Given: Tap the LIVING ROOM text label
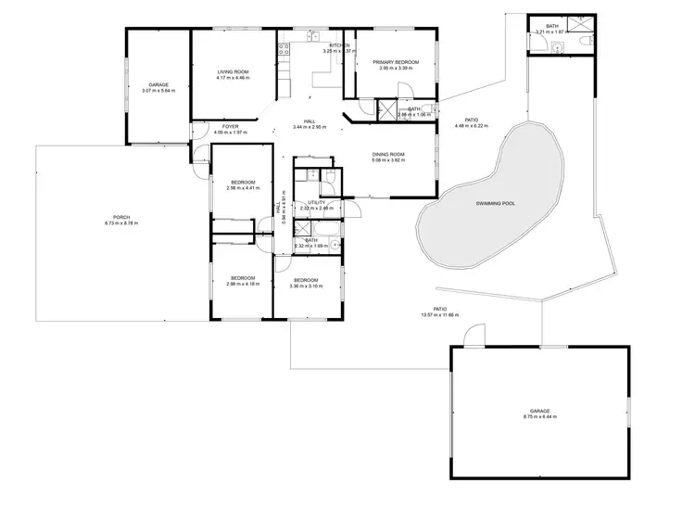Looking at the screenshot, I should coord(233,71).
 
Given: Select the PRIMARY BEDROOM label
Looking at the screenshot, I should coord(398,62).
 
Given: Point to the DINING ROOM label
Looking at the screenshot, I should coord(388,154).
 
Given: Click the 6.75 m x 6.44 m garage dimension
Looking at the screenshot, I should coord(539,417).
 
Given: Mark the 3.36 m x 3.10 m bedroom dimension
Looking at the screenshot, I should coord(306,286).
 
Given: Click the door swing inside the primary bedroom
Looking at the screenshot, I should coord(405,91).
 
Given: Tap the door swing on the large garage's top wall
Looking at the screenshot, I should coord(474,337).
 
